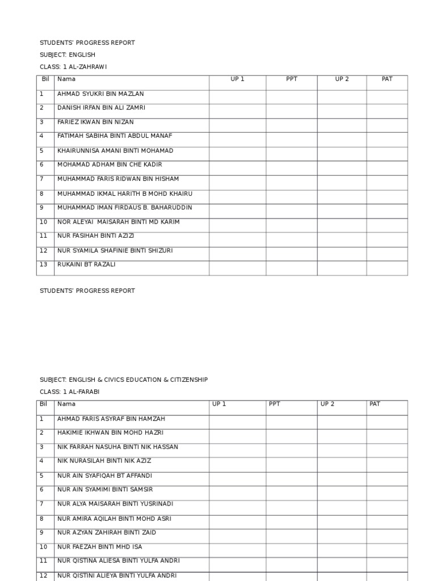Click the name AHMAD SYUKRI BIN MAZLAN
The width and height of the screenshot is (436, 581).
point(100,94)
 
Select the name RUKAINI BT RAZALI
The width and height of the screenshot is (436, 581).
point(86,265)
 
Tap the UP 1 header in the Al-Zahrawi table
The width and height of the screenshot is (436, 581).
point(237,79)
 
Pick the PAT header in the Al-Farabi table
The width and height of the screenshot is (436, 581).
point(375,405)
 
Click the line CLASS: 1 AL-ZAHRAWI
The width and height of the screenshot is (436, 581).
point(73,67)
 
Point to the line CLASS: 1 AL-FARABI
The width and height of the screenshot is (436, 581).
point(70,392)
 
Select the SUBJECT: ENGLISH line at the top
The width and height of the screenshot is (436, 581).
point(67,55)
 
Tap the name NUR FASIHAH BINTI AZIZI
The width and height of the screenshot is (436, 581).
point(95,236)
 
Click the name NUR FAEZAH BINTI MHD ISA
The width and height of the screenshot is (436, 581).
point(99,547)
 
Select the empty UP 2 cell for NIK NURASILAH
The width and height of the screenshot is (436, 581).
point(341,465)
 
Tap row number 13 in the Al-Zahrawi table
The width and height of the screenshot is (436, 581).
point(44,265)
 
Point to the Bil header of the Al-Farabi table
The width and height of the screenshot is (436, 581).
point(43,405)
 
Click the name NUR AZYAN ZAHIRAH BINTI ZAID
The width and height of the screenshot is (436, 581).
point(107,533)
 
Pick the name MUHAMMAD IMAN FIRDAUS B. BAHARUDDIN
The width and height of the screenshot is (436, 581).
point(124,208)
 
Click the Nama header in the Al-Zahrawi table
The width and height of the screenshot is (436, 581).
point(66,79)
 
